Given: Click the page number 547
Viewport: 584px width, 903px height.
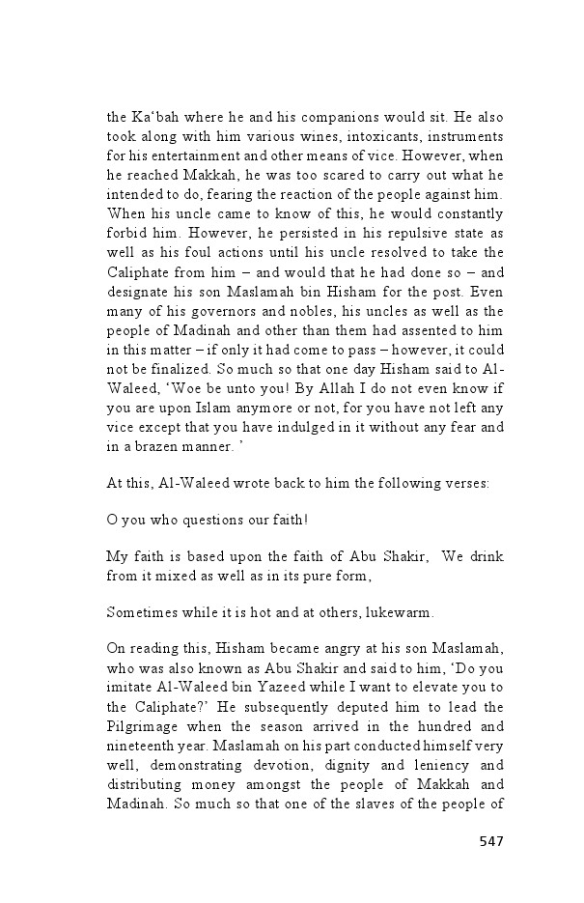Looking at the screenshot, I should pos(491,841).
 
